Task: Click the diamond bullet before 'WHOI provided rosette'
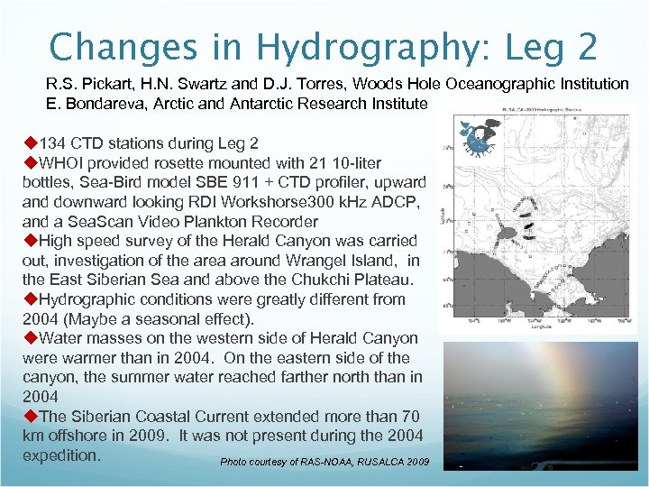(29, 163)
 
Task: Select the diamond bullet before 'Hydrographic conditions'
(29, 299)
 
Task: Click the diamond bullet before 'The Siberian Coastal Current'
(29, 417)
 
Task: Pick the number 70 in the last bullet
(410, 417)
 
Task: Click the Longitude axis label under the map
(542, 327)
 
